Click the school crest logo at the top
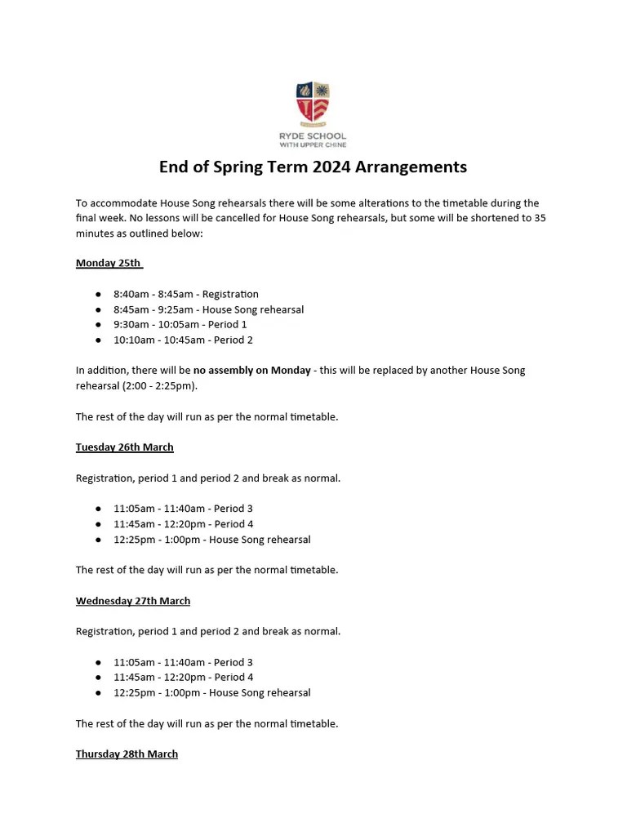coord(313,103)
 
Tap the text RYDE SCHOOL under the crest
coord(313,136)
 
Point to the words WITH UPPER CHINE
coord(313,145)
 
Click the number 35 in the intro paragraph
coord(540,218)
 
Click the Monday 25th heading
coord(109,263)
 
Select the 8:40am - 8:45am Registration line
coord(185,294)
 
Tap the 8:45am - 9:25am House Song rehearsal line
coord(208,309)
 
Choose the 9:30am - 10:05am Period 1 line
coord(180,324)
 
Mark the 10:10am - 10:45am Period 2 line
coord(183,340)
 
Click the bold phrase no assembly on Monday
coord(251,371)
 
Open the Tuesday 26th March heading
coord(124,447)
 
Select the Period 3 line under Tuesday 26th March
coord(183,509)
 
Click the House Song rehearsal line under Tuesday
coord(211,540)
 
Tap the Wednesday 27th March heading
coord(132,601)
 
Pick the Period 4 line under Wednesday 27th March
coord(183,677)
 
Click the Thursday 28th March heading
coord(127,754)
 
